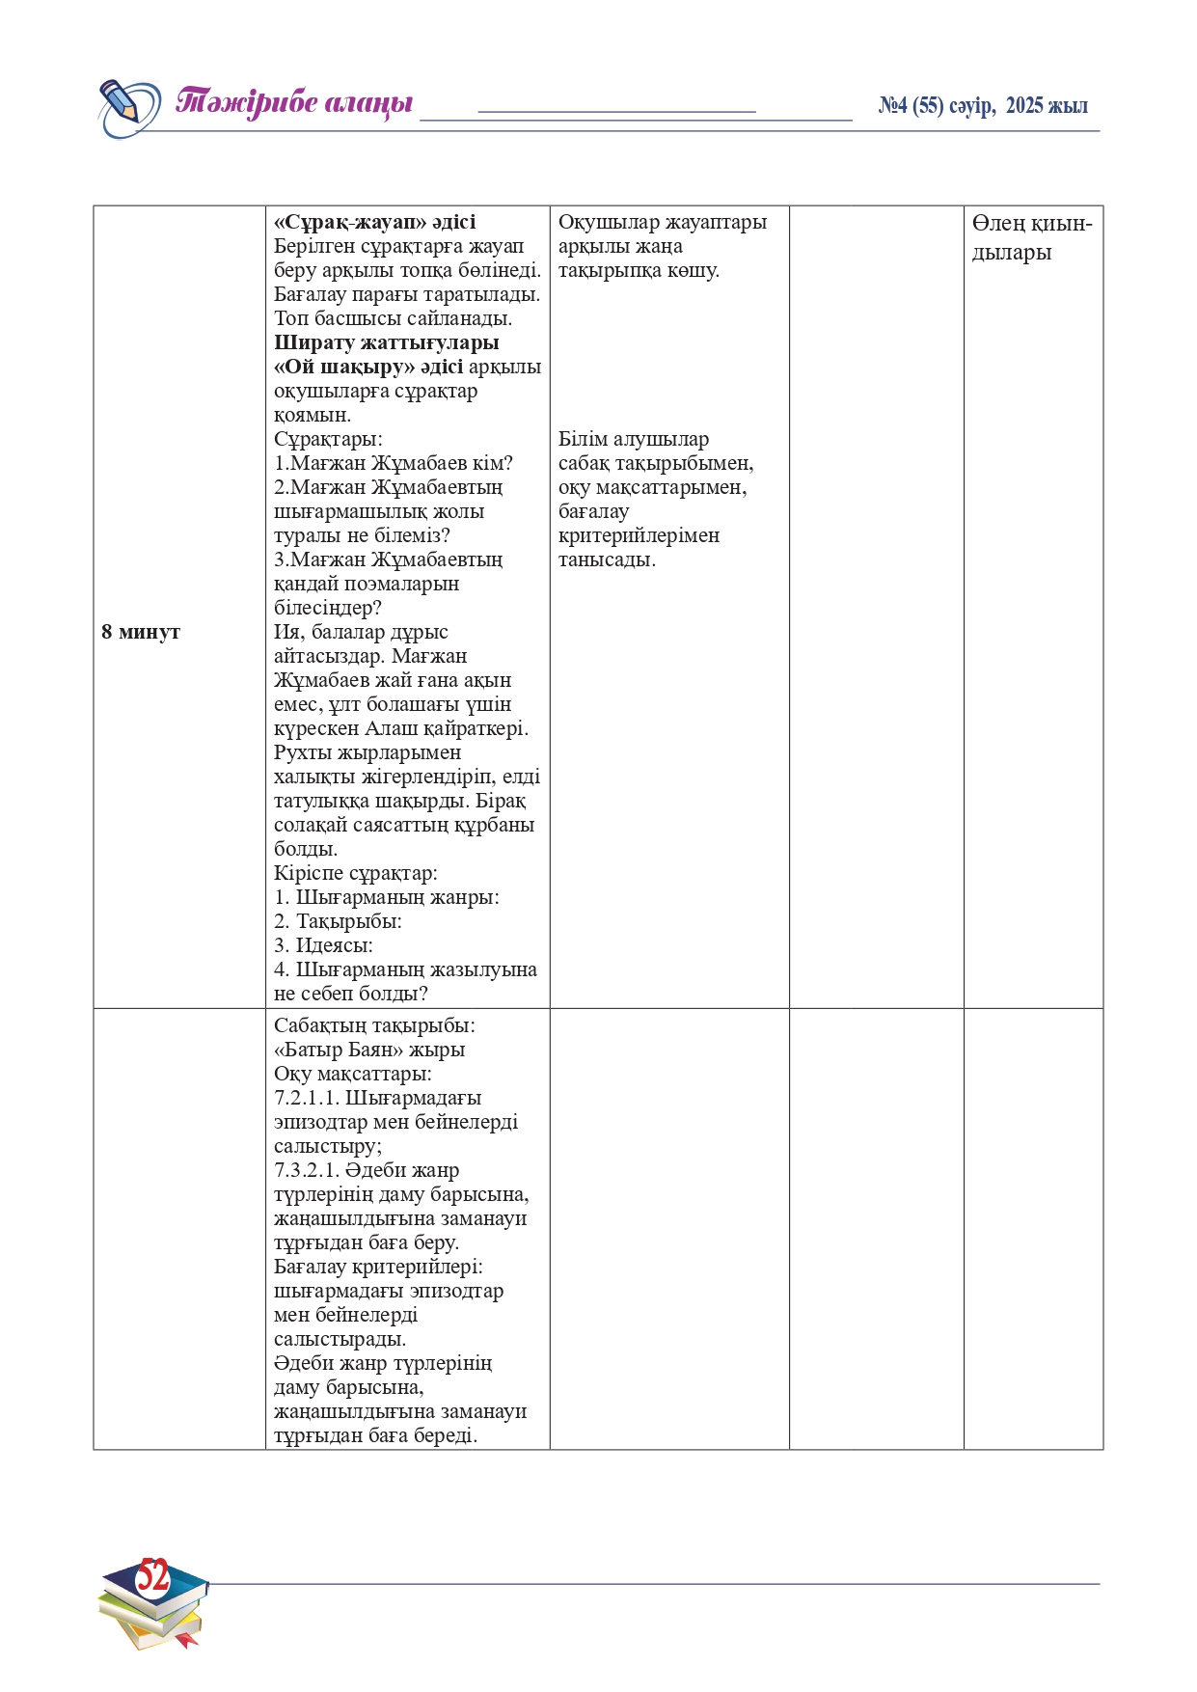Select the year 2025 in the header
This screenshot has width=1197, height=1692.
(1024, 106)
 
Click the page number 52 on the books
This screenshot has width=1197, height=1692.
(152, 1576)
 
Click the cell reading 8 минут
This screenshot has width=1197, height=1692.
(141, 632)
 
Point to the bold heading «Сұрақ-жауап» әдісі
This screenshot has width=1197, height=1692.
(374, 222)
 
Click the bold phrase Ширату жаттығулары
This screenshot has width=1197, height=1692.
(386, 342)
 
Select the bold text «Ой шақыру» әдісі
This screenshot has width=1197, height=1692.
(368, 367)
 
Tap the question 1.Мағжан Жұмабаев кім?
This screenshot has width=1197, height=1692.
(394, 463)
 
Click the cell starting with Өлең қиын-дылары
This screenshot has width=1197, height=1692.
(1031, 237)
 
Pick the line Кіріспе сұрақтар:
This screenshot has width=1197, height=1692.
(355, 873)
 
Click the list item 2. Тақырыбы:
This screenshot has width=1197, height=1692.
(338, 921)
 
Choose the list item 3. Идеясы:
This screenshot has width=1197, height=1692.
(323, 945)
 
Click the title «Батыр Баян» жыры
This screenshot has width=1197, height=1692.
(369, 1050)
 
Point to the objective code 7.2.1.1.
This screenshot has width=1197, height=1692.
(306, 1098)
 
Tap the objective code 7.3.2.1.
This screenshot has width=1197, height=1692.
(306, 1170)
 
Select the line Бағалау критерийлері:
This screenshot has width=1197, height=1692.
(378, 1267)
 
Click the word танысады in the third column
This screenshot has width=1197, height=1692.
(606, 559)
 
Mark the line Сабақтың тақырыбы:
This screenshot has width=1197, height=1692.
(374, 1025)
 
